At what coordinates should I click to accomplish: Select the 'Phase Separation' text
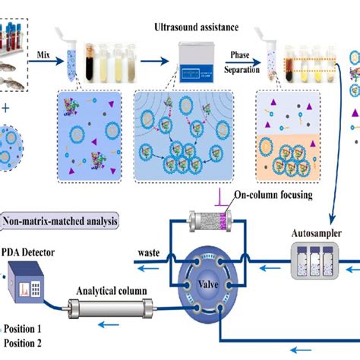[242, 61]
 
